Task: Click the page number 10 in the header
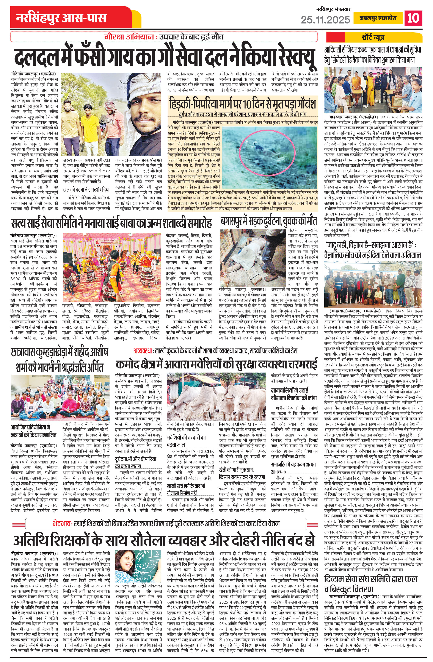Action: coord(413,18)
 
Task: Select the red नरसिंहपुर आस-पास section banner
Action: coord(61,18)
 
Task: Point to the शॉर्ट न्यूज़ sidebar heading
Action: coord(373,37)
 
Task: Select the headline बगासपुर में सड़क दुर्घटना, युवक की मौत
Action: coord(268,221)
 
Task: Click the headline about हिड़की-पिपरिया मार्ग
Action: coord(242,105)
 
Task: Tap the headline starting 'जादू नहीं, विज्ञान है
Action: coord(373,250)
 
